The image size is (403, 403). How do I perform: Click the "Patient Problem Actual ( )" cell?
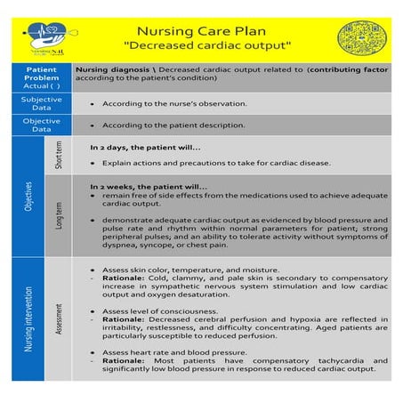(x=42, y=77)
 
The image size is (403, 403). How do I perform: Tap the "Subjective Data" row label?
(x=42, y=102)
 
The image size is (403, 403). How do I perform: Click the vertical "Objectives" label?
(x=29, y=197)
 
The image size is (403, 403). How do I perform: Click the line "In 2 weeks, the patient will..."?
(x=149, y=186)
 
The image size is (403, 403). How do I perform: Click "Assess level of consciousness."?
(x=161, y=310)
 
